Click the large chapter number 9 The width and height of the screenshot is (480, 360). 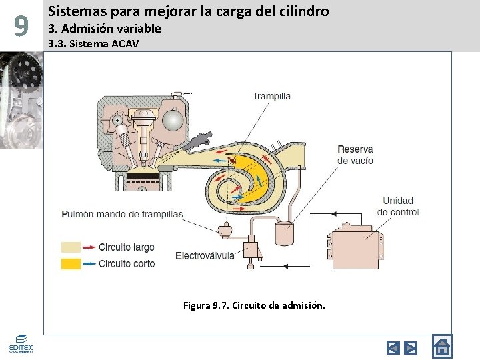point(21,27)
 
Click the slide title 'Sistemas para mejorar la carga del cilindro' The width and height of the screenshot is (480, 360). point(189,11)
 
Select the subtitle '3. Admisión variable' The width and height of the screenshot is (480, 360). point(105,28)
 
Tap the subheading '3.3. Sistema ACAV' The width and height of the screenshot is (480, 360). point(94,44)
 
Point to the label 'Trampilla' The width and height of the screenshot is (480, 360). point(271,96)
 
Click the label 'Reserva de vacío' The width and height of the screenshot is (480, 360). point(355,155)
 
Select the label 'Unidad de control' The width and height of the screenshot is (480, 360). point(398,206)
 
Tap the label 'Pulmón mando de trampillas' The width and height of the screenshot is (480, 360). point(122,214)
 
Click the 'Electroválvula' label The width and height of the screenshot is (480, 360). point(205,255)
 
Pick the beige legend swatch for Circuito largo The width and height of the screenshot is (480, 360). point(71,247)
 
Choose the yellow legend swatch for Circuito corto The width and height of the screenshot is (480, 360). point(71,263)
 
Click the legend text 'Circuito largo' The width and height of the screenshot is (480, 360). point(126,247)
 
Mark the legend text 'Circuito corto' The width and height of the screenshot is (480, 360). point(126,263)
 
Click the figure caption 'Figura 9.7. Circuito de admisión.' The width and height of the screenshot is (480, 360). point(254,306)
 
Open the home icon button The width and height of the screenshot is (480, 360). point(441,347)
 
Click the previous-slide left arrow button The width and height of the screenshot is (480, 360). point(393,347)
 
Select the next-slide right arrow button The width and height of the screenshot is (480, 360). point(411,347)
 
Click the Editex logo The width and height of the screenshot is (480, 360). point(21,343)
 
